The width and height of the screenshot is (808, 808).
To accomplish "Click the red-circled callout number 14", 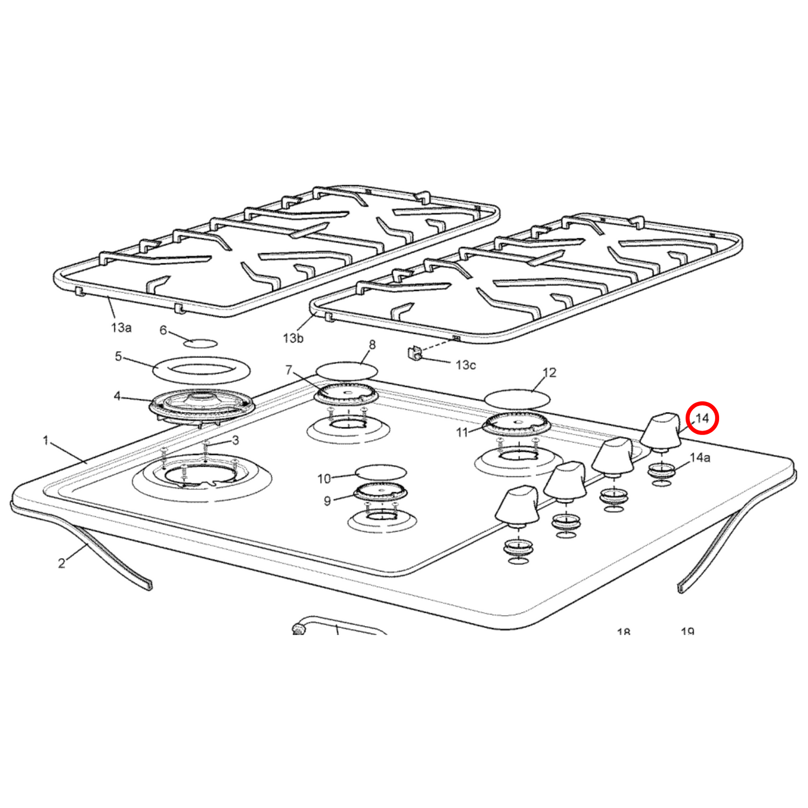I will [x=702, y=418].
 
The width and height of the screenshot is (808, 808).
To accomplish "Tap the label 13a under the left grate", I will [x=121, y=328].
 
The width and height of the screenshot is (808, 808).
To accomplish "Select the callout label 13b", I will [x=293, y=338].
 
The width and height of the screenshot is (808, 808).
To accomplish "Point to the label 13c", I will [x=465, y=365].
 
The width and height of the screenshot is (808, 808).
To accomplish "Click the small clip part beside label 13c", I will [x=415, y=353].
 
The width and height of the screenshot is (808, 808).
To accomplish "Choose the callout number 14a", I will [x=700, y=458].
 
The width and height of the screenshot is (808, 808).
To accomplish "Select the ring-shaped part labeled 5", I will [x=201, y=370].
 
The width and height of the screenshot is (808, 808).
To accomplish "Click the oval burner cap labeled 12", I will [x=517, y=399].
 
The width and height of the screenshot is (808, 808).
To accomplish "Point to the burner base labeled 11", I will [x=517, y=424].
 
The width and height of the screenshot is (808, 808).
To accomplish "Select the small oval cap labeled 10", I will [x=381, y=471].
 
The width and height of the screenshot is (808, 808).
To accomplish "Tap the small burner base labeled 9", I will [x=380, y=493].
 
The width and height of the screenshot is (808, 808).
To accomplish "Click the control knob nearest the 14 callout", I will [x=661, y=429].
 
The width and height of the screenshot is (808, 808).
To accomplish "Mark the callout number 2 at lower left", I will [x=62, y=563].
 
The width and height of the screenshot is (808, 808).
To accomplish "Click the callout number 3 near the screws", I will [x=235, y=441].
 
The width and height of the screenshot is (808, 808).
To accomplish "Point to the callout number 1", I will [x=46, y=441].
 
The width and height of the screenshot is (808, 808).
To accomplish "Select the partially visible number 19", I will [x=687, y=631].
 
